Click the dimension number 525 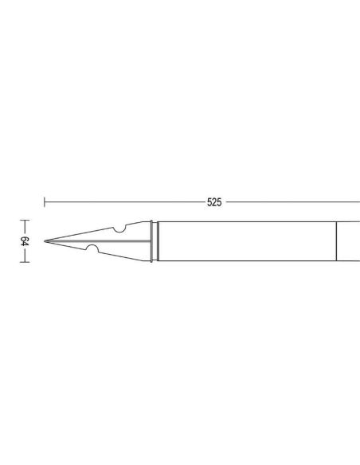[214, 202]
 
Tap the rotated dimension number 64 [25, 241]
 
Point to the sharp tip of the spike [45, 241]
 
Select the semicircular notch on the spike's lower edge [92, 248]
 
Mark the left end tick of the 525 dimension [45, 202]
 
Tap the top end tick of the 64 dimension [25, 221]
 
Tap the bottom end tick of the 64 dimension [25, 262]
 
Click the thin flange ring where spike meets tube [151, 241]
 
